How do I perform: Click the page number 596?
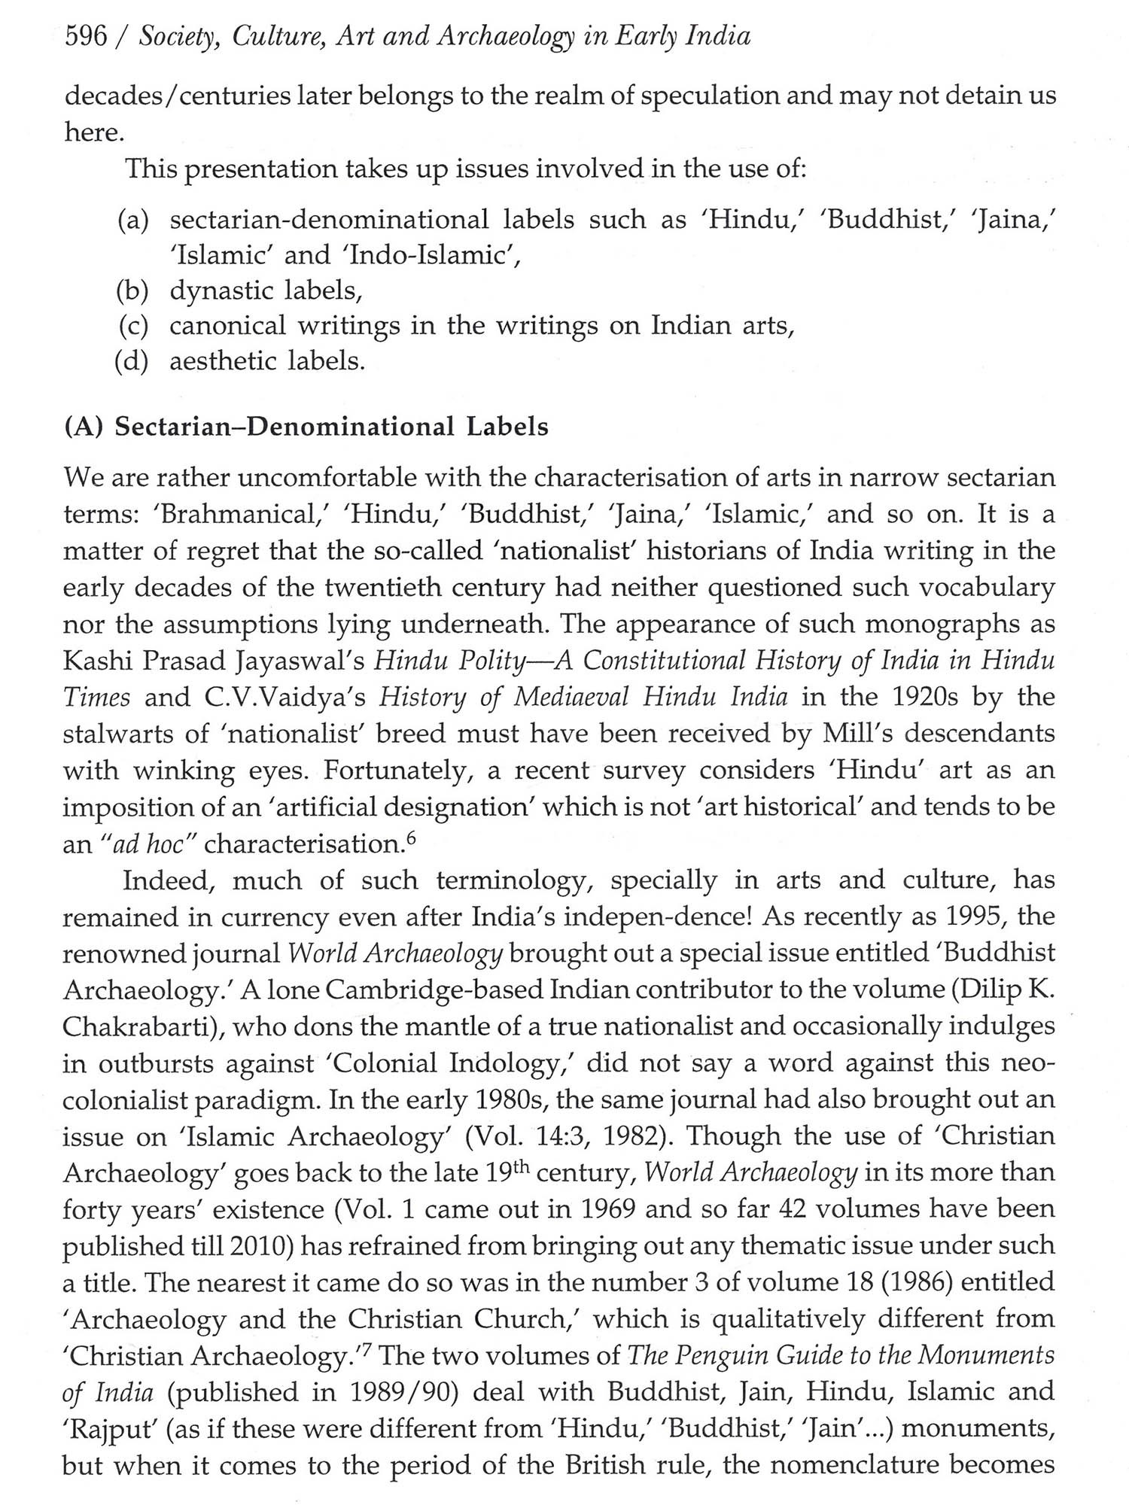pos(87,38)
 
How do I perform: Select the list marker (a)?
pos(134,220)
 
